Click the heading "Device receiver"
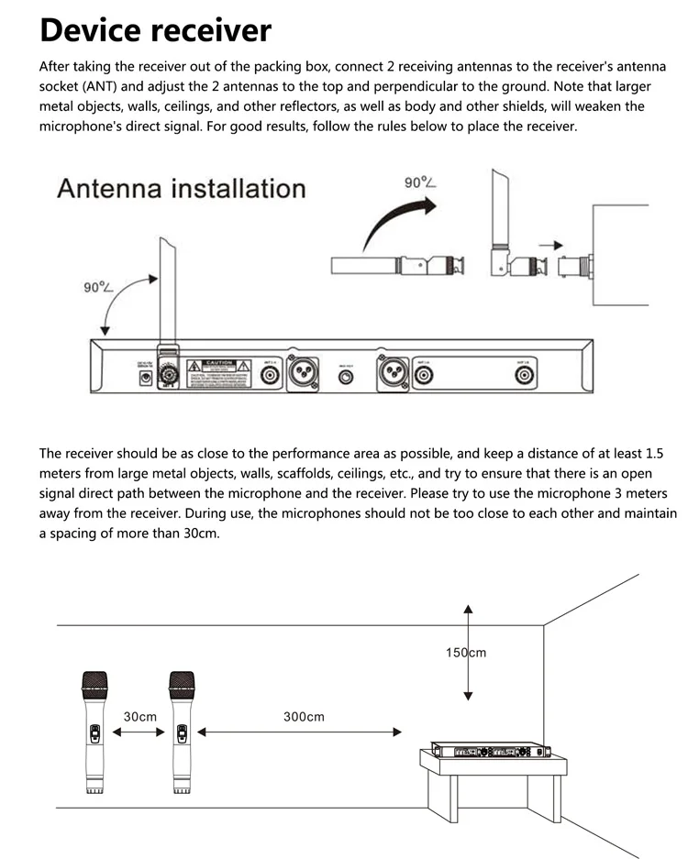coord(155,29)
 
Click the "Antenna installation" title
coord(181,189)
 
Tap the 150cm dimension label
coord(466,653)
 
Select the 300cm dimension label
coord(304,716)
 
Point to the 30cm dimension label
coord(139,716)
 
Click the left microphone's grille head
coord(94,681)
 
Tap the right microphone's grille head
coord(182,681)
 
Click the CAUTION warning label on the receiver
coord(218,371)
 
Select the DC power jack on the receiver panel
coord(143,378)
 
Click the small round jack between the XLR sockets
coord(346,376)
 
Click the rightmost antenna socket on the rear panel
coord(523,375)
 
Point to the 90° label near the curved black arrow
coord(419,182)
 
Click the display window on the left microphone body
coord(94,734)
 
